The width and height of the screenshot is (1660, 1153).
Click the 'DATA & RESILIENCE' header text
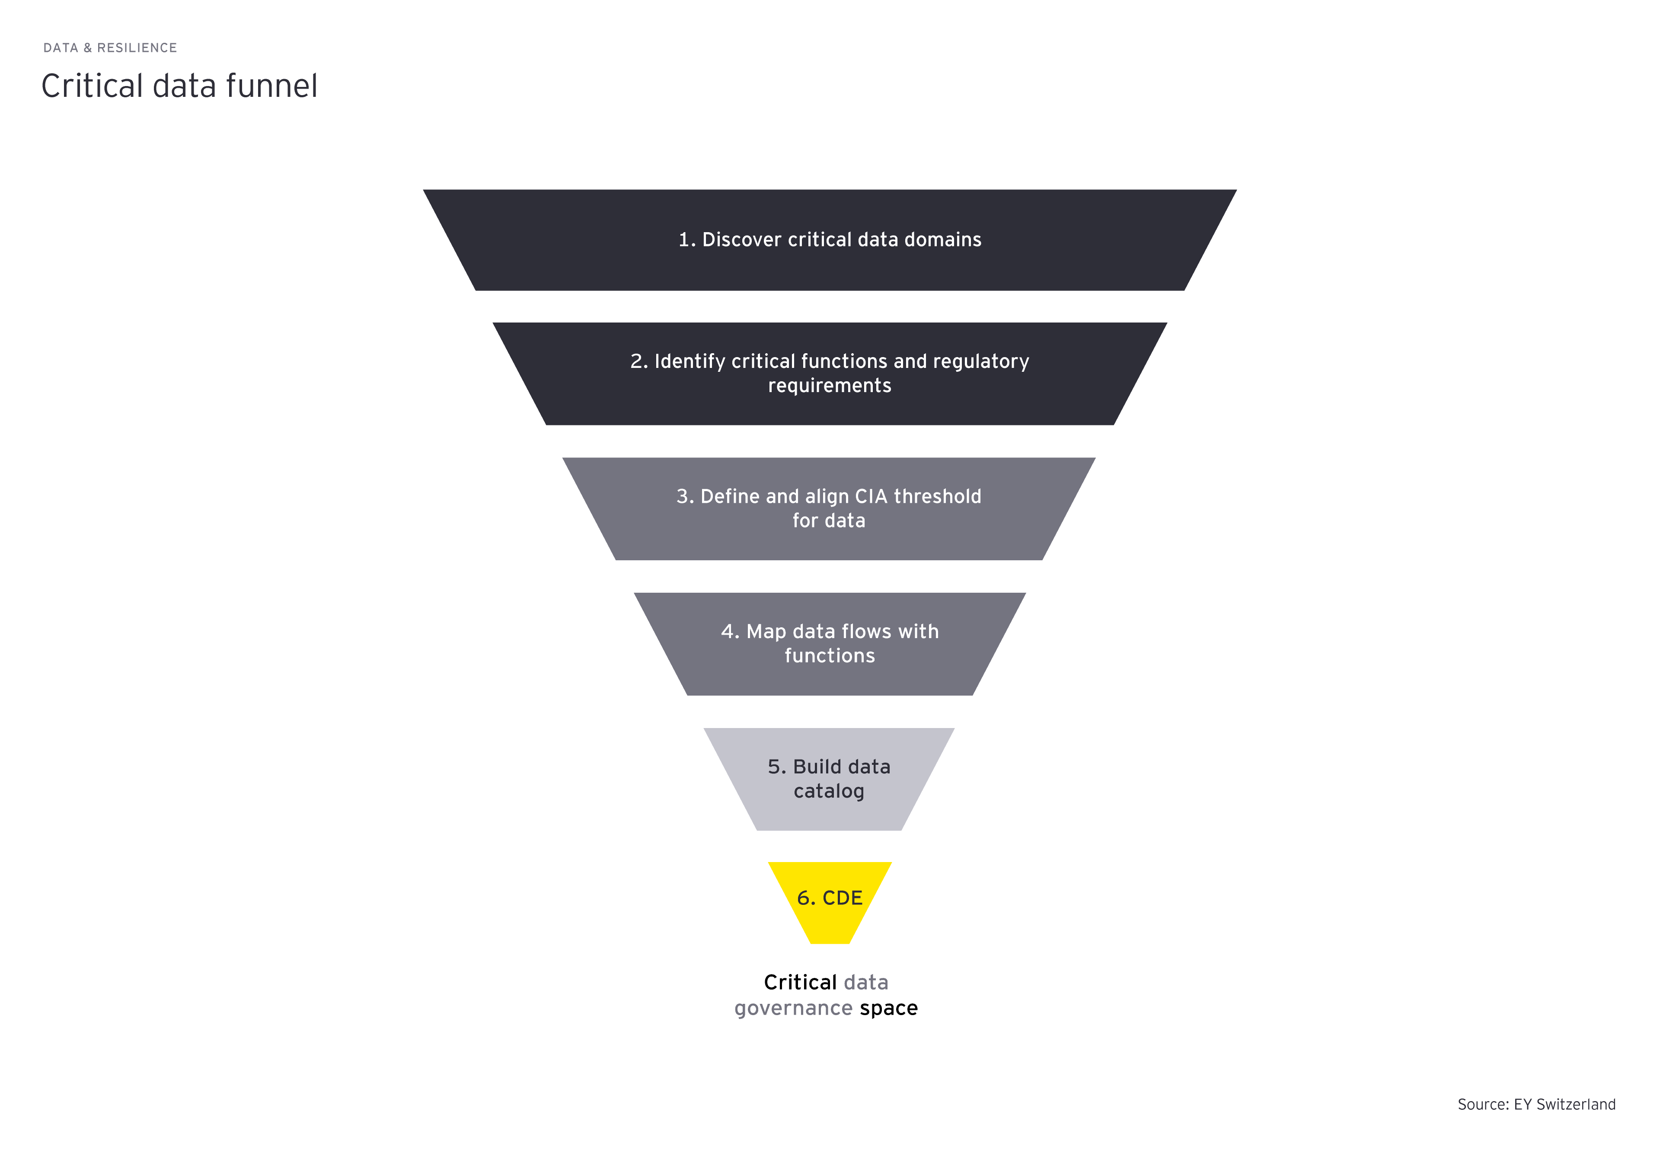pyautogui.click(x=110, y=48)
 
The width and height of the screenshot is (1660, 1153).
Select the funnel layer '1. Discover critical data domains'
pyautogui.click(x=829, y=267)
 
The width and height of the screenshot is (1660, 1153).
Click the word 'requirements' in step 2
pyautogui.click(x=829, y=386)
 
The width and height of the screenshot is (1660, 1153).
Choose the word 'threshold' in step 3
pyautogui.click(x=938, y=496)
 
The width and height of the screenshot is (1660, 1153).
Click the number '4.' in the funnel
pyautogui.click(x=730, y=631)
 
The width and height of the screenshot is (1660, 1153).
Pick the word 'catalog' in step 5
pyautogui.click(x=829, y=791)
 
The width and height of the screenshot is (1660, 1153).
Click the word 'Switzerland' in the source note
pyautogui.click(x=1575, y=1104)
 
